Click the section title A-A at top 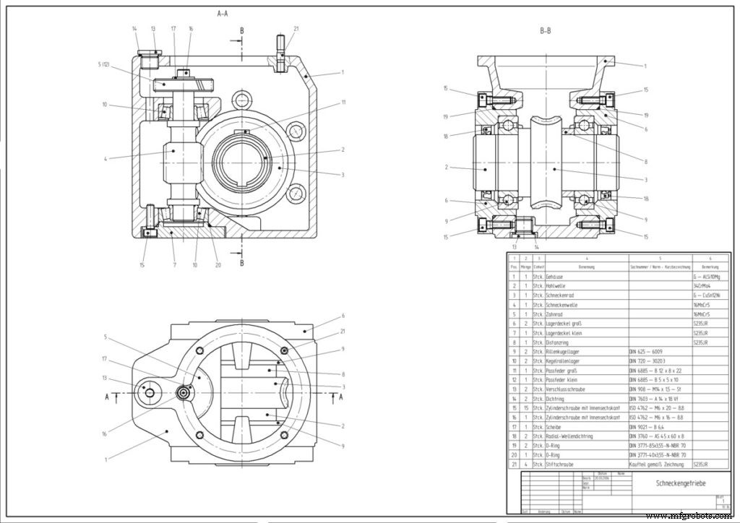(225, 14)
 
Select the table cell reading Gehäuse (556, 276)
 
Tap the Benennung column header (586, 267)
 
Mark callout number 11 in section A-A (343, 103)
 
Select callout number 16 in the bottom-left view (104, 434)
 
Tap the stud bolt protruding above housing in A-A (280, 52)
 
